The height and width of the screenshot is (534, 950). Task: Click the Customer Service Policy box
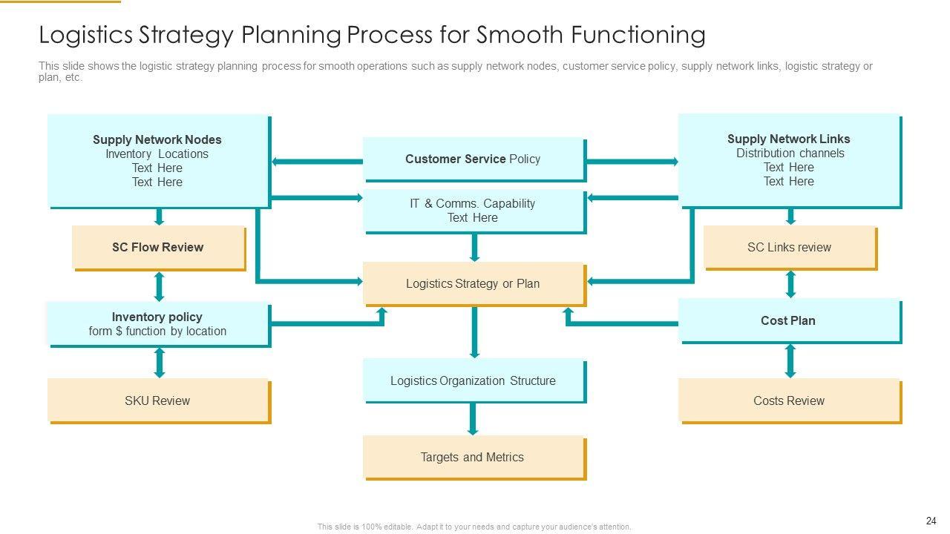pyautogui.click(x=474, y=159)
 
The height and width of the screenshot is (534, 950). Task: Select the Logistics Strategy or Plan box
pyautogui.click(x=474, y=283)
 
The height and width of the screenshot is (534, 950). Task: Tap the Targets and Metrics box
pyautogui.click(x=474, y=457)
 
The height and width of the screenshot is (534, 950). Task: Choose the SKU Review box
pyautogui.click(x=158, y=400)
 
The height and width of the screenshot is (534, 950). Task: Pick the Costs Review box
pyautogui.click(x=789, y=400)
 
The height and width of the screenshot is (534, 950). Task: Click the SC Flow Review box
pyautogui.click(x=158, y=247)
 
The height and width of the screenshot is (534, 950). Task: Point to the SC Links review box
pyautogui.click(x=789, y=247)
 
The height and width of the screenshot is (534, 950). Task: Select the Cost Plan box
pyautogui.click(x=789, y=320)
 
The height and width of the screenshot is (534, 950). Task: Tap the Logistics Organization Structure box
pyautogui.click(x=474, y=380)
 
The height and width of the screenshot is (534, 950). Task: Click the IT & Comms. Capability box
pyautogui.click(x=474, y=211)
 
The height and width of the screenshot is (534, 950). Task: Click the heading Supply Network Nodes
pyautogui.click(x=157, y=139)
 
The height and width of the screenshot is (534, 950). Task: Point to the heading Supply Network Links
pyautogui.click(x=789, y=139)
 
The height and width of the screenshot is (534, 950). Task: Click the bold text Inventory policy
pyautogui.click(x=157, y=317)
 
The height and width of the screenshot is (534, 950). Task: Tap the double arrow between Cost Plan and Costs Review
pyautogui.click(x=790, y=361)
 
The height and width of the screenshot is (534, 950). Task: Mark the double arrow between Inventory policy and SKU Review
pyautogui.click(x=159, y=363)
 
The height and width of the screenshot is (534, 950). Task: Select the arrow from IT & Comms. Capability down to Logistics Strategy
pyautogui.click(x=474, y=248)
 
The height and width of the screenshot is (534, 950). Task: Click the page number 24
pyautogui.click(x=931, y=521)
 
